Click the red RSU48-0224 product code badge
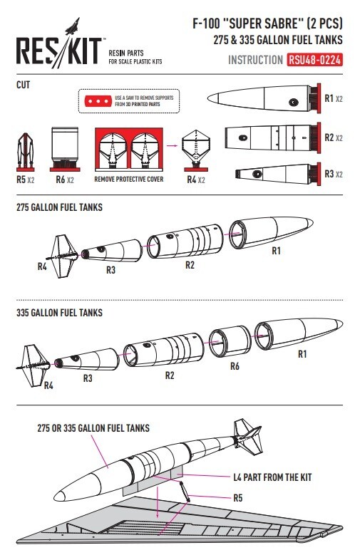[x=314, y=60]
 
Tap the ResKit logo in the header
[x=59, y=43]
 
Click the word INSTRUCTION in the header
[x=255, y=60]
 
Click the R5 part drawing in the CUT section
[x=26, y=152]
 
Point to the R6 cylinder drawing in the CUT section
[x=64, y=149]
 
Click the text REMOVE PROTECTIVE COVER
[x=129, y=180]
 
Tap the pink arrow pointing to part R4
[x=173, y=145]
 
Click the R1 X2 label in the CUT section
[x=334, y=98]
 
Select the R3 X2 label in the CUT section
[x=334, y=174]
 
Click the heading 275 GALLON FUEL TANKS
[x=59, y=207]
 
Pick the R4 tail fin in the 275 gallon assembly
[x=62, y=256]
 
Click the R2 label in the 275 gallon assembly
[x=190, y=265]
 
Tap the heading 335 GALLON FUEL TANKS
[x=59, y=313]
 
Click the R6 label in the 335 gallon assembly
[x=235, y=366]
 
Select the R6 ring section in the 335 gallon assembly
[x=230, y=341]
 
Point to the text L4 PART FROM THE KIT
[x=272, y=477]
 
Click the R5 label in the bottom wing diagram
[x=238, y=498]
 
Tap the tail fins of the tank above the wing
[x=248, y=437]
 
